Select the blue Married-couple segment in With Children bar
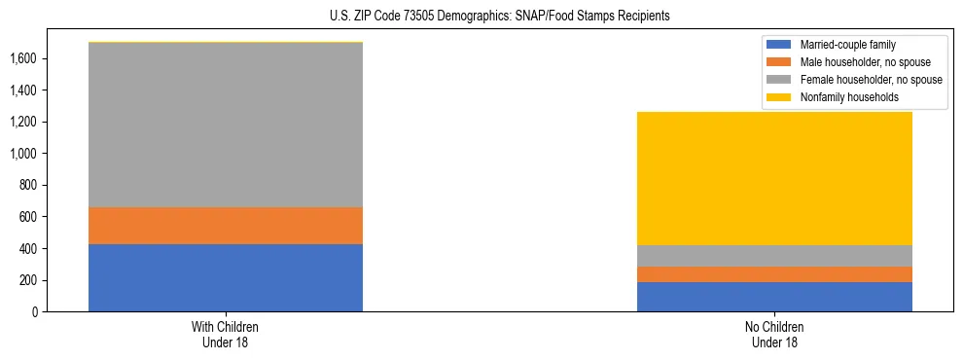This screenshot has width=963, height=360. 226,277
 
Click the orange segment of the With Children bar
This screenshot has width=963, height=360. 226,226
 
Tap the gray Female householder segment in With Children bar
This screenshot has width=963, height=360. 226,126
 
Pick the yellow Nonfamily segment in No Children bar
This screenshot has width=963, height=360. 774,179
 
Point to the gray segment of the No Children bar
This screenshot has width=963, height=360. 774,256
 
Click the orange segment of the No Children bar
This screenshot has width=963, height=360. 774,274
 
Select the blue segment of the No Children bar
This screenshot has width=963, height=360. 774,297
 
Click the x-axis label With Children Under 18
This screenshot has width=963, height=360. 226,335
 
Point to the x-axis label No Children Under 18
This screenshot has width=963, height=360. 774,335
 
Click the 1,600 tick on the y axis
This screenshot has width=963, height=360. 23,58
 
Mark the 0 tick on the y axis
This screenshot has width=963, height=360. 33,312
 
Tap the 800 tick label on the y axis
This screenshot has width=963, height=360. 27,185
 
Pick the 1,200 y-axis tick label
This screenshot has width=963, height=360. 23,122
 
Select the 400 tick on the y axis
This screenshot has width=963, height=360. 27,249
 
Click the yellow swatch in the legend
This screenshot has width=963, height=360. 780,97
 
